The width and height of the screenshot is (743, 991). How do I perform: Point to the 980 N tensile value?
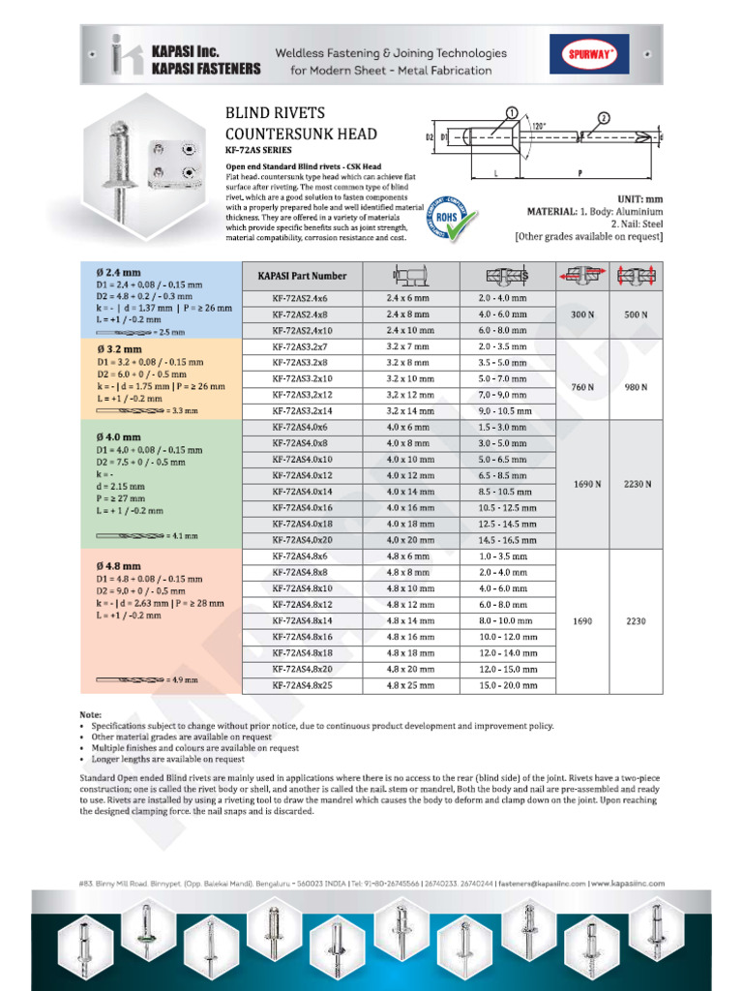pos(636,387)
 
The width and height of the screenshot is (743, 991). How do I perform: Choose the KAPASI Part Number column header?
pos(302,276)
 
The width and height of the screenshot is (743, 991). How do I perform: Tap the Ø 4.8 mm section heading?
pos(119,565)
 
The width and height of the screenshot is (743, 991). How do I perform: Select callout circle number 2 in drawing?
pos(604,118)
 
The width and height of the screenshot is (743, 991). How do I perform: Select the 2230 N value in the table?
pos(636,484)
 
